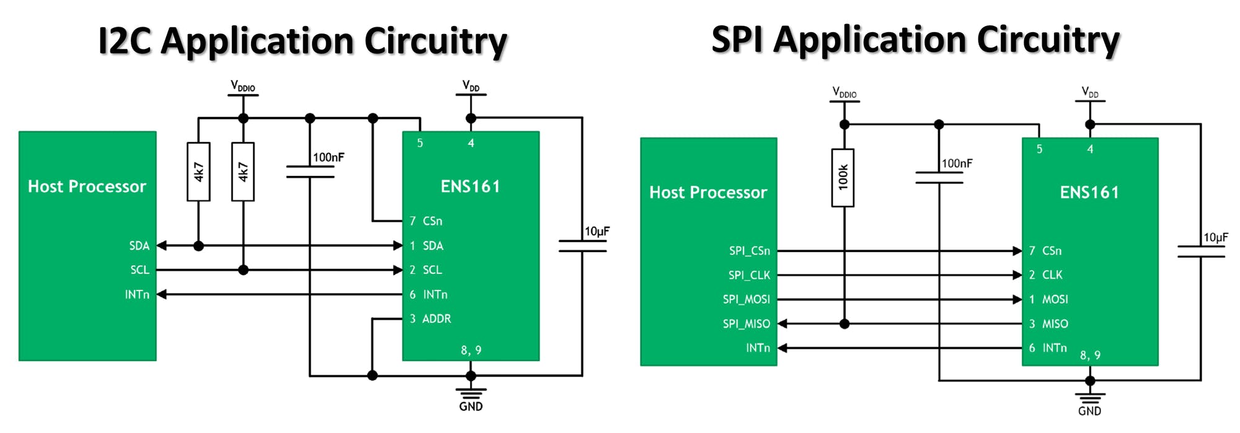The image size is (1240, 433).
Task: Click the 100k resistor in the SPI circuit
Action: [x=843, y=178]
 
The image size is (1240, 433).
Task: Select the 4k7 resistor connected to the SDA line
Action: [x=198, y=172]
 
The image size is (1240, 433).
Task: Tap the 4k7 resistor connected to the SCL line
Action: [x=243, y=172]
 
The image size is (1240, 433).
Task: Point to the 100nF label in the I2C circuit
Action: [x=328, y=157]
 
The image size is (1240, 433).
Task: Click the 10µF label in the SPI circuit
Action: [x=1215, y=237]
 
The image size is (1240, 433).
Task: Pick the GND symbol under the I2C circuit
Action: [x=471, y=396]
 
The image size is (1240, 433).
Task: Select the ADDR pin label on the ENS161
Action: [x=436, y=319]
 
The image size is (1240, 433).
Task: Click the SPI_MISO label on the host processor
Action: [x=746, y=324]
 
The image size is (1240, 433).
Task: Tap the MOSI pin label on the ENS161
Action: [x=1055, y=300]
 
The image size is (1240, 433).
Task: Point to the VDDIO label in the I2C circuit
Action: [x=242, y=86]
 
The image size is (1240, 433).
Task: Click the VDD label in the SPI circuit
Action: [x=1089, y=93]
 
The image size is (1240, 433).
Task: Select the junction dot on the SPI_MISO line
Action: [x=844, y=324]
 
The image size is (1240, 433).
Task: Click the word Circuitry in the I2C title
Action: [x=435, y=42]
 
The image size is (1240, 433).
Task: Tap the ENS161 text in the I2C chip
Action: [x=470, y=186]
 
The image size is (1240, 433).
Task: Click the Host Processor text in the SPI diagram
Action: [x=708, y=193]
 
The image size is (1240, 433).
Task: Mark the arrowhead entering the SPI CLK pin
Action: [x=1017, y=275]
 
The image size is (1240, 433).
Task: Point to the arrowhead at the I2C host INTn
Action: [x=162, y=295]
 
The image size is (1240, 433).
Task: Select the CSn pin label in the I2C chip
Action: [x=432, y=221]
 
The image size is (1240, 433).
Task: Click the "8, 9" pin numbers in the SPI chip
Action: [x=1090, y=356]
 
